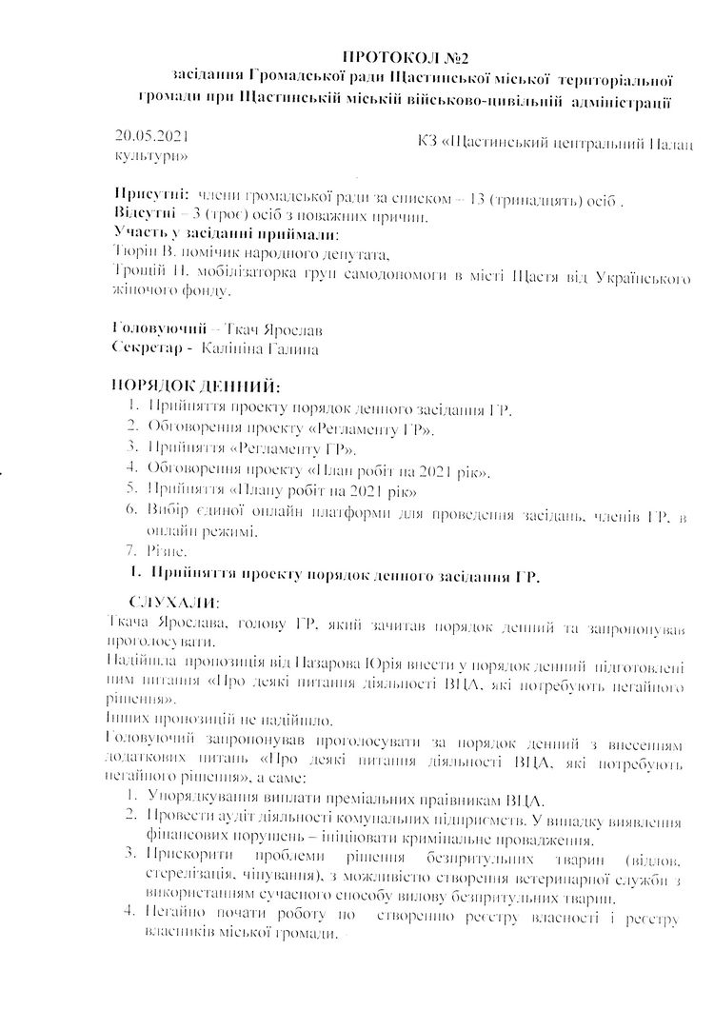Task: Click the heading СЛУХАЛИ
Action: click(x=174, y=603)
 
